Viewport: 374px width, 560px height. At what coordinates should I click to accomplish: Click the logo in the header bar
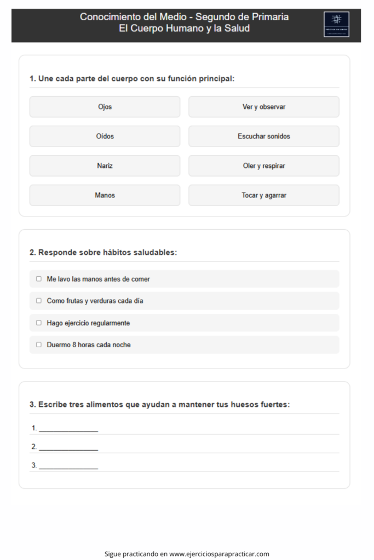point(336,24)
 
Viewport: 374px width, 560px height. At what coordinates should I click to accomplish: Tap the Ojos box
point(105,107)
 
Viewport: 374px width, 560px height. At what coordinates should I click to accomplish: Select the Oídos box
point(105,136)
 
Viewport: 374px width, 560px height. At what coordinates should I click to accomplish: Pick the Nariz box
point(105,166)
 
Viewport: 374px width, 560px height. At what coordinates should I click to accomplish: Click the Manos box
point(105,195)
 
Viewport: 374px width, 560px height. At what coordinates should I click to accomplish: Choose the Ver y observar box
point(264,107)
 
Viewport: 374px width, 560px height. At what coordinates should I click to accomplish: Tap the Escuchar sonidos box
point(264,136)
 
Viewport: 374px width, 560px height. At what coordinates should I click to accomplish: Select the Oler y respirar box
point(264,166)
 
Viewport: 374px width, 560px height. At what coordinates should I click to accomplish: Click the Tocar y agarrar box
point(264,195)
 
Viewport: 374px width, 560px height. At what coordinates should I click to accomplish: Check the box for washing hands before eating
point(39,279)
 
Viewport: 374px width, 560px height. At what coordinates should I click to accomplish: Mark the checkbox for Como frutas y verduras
point(39,301)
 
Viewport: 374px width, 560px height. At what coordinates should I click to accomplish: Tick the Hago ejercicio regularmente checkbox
point(39,323)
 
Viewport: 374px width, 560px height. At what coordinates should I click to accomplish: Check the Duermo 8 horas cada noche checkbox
point(39,345)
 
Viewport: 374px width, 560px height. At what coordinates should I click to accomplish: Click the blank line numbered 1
point(68,429)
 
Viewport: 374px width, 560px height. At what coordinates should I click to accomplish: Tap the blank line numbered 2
point(68,447)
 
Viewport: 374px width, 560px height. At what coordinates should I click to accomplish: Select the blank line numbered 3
point(68,466)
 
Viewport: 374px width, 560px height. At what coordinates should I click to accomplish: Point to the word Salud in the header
point(237,28)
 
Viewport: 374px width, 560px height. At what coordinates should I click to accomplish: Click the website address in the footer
point(219,554)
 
